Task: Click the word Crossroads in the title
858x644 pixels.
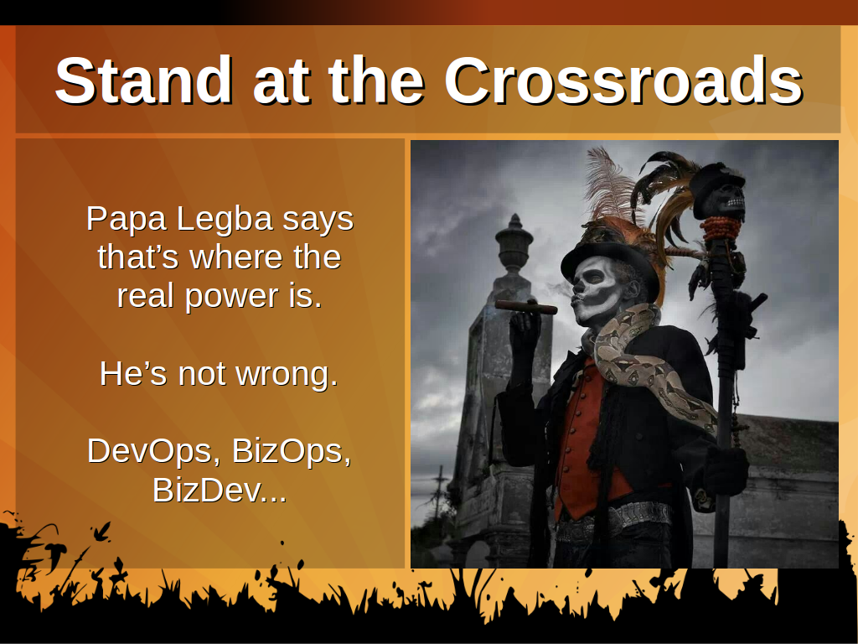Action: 623,80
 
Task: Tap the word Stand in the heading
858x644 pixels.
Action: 143,80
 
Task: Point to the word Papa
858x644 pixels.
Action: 127,221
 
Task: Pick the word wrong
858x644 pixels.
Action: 287,376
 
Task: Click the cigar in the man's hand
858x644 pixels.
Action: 526,307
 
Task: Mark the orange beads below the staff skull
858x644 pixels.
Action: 721,228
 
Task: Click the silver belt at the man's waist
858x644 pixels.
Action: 616,519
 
